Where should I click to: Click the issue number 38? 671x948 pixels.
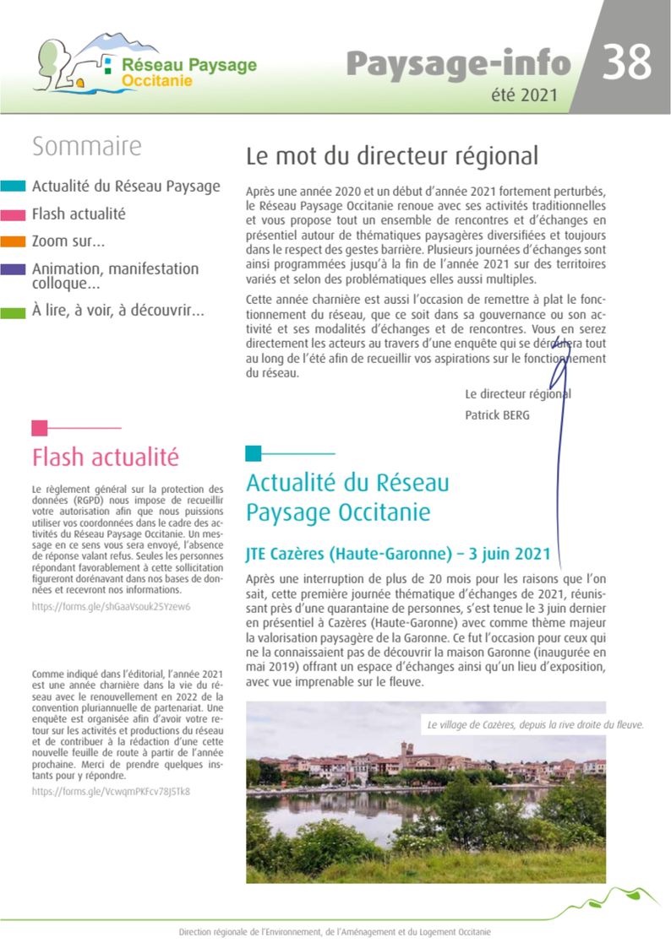click(x=627, y=62)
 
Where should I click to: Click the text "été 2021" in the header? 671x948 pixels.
click(x=524, y=95)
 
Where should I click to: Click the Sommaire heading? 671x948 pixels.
click(x=86, y=146)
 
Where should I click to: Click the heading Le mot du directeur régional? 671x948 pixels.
click(x=391, y=156)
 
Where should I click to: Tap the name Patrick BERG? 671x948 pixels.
click(x=497, y=414)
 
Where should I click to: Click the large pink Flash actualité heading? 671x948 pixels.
click(x=106, y=458)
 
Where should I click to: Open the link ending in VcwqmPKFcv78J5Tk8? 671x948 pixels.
click(x=111, y=792)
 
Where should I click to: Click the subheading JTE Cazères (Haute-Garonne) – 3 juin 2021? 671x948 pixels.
click(x=397, y=555)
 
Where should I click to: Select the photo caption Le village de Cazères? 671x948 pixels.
click(x=536, y=724)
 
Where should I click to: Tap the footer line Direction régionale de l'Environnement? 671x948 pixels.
click(x=335, y=932)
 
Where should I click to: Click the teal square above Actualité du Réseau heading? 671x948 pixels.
click(x=254, y=453)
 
